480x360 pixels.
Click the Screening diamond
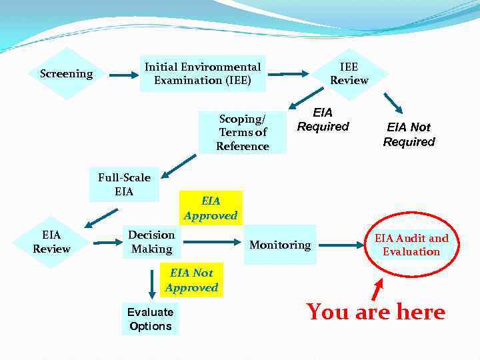tap(66, 73)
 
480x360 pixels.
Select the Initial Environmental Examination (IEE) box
tap(203, 73)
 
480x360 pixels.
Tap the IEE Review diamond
tap(349, 73)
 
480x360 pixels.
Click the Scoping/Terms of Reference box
tap(243, 132)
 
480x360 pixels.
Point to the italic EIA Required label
tap(323, 119)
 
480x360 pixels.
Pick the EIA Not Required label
tap(409, 134)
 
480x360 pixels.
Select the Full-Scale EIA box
tap(125, 184)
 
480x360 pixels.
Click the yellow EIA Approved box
tap(210, 207)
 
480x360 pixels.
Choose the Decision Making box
tap(151, 241)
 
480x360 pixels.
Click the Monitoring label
tap(279, 245)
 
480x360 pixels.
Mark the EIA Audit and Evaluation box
tap(411, 245)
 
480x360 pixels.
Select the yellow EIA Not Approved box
tap(192, 279)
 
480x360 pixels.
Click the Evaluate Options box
tap(150, 319)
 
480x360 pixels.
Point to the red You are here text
tap(375, 312)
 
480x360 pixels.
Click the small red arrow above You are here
tap(377, 289)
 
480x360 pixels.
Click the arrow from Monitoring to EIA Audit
tap(344, 244)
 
